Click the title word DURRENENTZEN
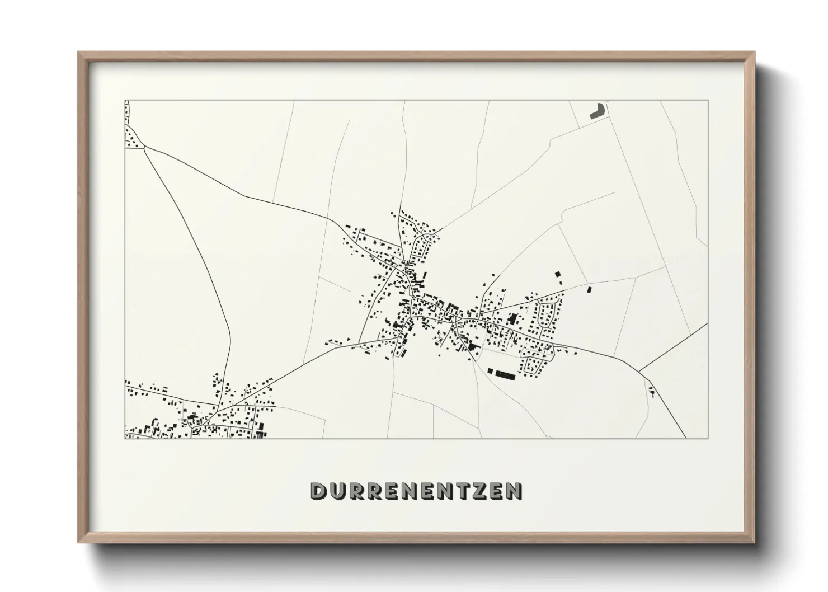click(x=417, y=491)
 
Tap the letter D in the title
click(x=318, y=491)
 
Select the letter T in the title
click(x=461, y=491)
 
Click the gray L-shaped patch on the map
click(x=598, y=110)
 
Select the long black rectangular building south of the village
click(x=507, y=374)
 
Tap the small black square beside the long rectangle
click(x=491, y=370)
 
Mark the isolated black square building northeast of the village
click(x=589, y=290)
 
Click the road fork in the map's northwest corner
click(x=145, y=147)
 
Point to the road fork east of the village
click(x=639, y=370)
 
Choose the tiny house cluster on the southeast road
click(x=651, y=391)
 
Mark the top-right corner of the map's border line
click(x=708, y=100)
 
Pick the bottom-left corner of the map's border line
click(x=125, y=438)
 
